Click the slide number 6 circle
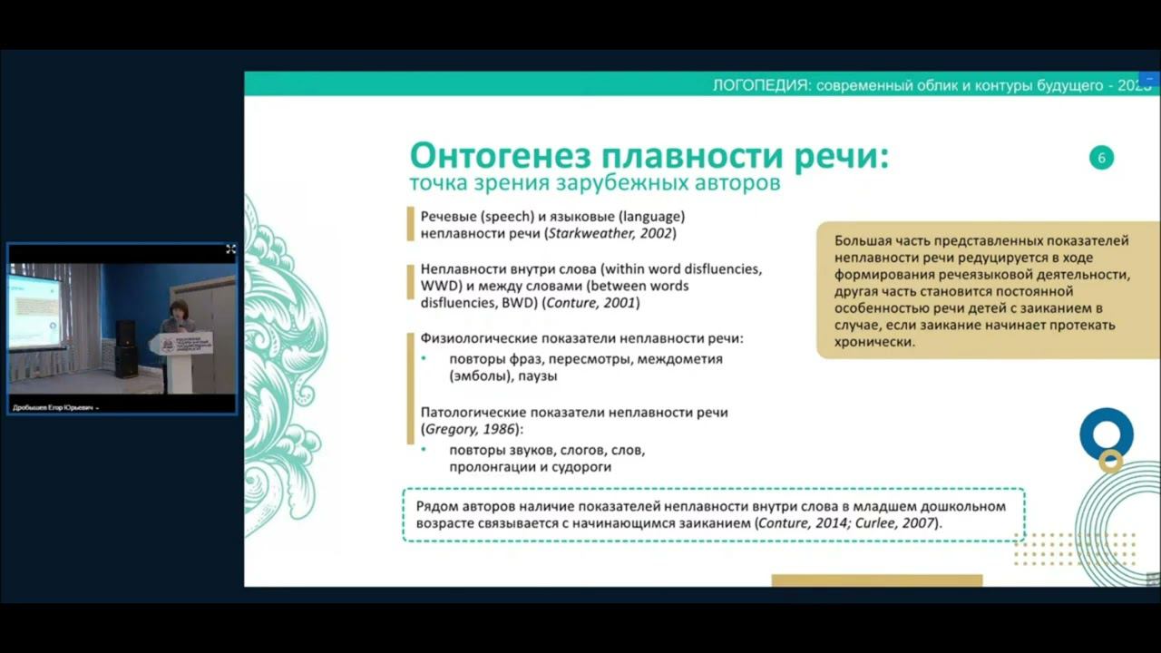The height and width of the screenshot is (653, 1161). tap(1101, 158)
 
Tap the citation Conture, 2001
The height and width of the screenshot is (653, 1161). tap(591, 303)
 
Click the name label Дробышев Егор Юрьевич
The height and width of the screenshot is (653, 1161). tap(53, 408)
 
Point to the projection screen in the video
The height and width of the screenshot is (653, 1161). tap(34, 309)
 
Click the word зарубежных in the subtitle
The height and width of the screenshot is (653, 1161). tap(634, 184)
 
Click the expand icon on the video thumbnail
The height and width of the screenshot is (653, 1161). tap(230, 249)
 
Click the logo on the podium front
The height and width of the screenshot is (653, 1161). tap(167, 345)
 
